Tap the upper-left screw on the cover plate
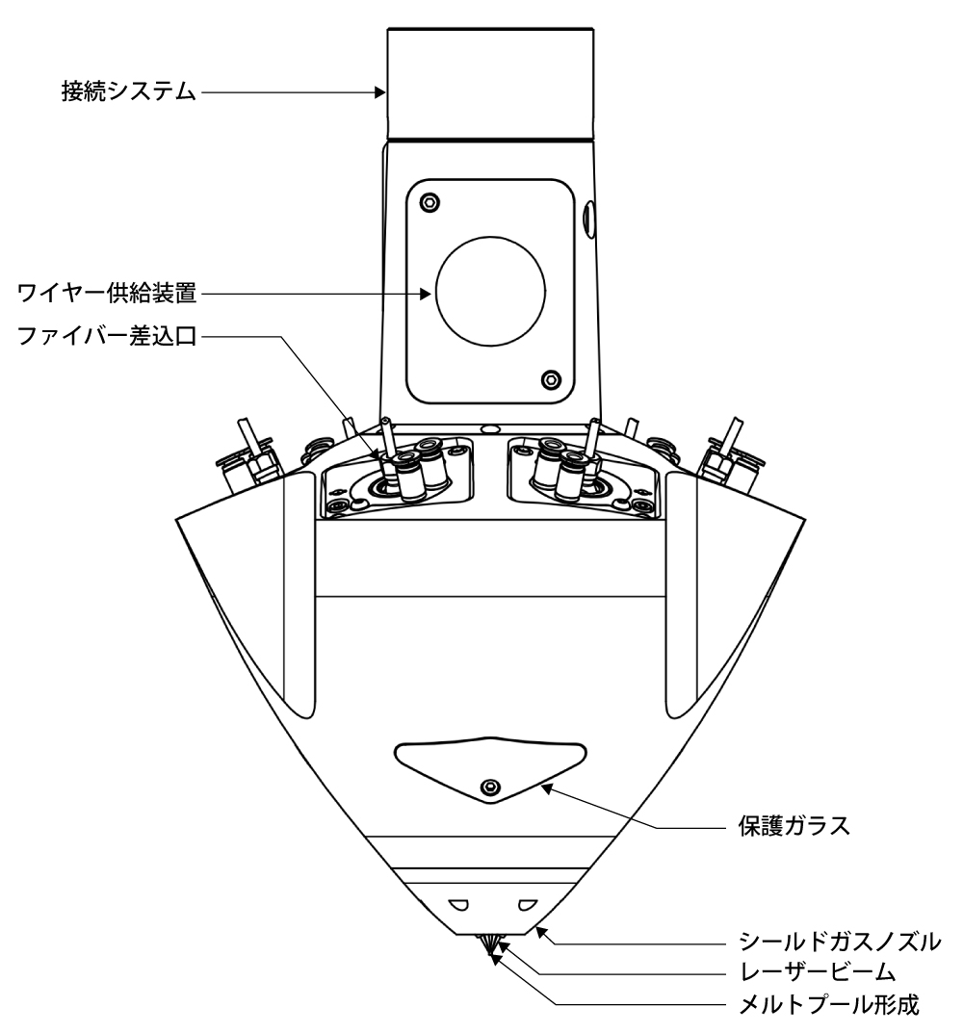(429, 202)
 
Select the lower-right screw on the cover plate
(550, 376)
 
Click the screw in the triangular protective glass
(492, 788)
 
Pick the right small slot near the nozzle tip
(526, 904)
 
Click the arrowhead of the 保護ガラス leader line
(546, 788)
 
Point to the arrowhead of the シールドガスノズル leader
(541, 930)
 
